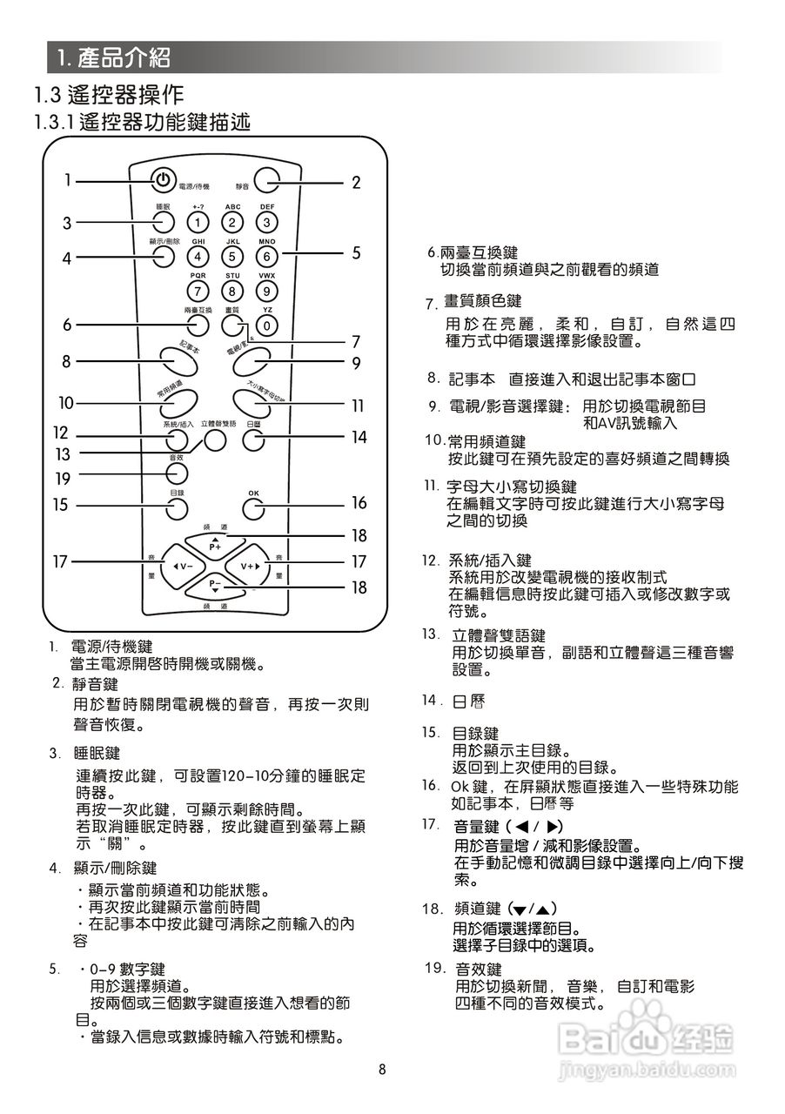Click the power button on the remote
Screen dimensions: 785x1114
162,180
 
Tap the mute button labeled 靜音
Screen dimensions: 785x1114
268,181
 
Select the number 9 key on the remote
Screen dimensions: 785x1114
267,291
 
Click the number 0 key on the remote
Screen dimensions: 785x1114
267,325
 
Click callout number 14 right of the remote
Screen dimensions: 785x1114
359,438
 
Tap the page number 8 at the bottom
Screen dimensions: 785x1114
381,1070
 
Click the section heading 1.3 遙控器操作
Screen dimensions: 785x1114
108,93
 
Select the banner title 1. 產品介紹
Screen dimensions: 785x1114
112,58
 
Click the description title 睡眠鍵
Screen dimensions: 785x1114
97,752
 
